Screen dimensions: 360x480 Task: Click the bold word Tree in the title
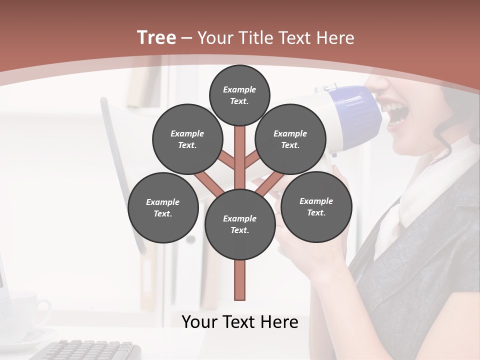click(x=156, y=37)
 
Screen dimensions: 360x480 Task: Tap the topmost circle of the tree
click(x=239, y=95)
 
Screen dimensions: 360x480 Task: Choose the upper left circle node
click(x=187, y=139)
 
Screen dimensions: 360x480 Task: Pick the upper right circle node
click(x=290, y=139)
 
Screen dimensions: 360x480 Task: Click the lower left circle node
click(x=163, y=207)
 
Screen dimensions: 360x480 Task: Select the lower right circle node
click(x=316, y=206)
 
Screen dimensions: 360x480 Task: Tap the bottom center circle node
click(x=240, y=224)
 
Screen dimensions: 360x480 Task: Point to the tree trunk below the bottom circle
click(x=240, y=280)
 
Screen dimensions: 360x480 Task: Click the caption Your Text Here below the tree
click(x=240, y=322)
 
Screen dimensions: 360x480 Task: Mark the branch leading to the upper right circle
click(x=252, y=160)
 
